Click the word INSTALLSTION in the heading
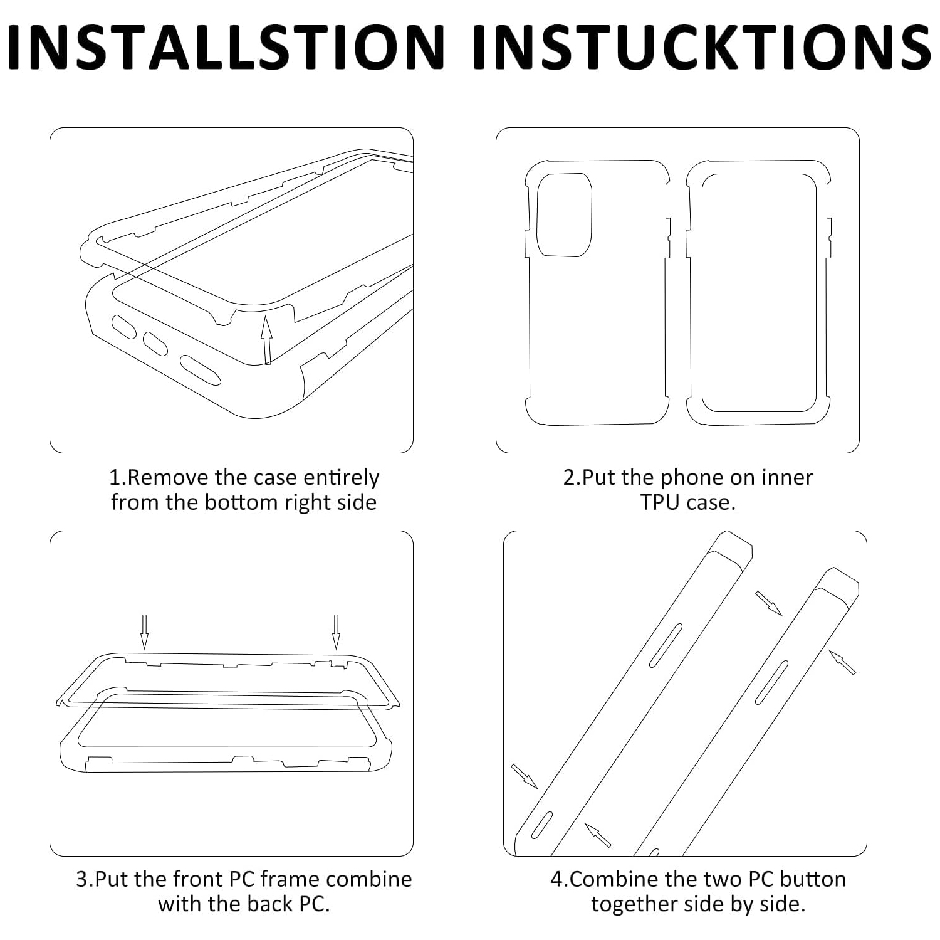[227, 47]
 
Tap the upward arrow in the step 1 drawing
[267, 339]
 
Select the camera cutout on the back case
[564, 215]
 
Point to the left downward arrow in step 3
[144, 631]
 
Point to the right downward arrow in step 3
[336, 631]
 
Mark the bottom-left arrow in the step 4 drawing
[525, 776]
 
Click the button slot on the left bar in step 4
[666, 645]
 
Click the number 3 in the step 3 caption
[81, 879]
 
